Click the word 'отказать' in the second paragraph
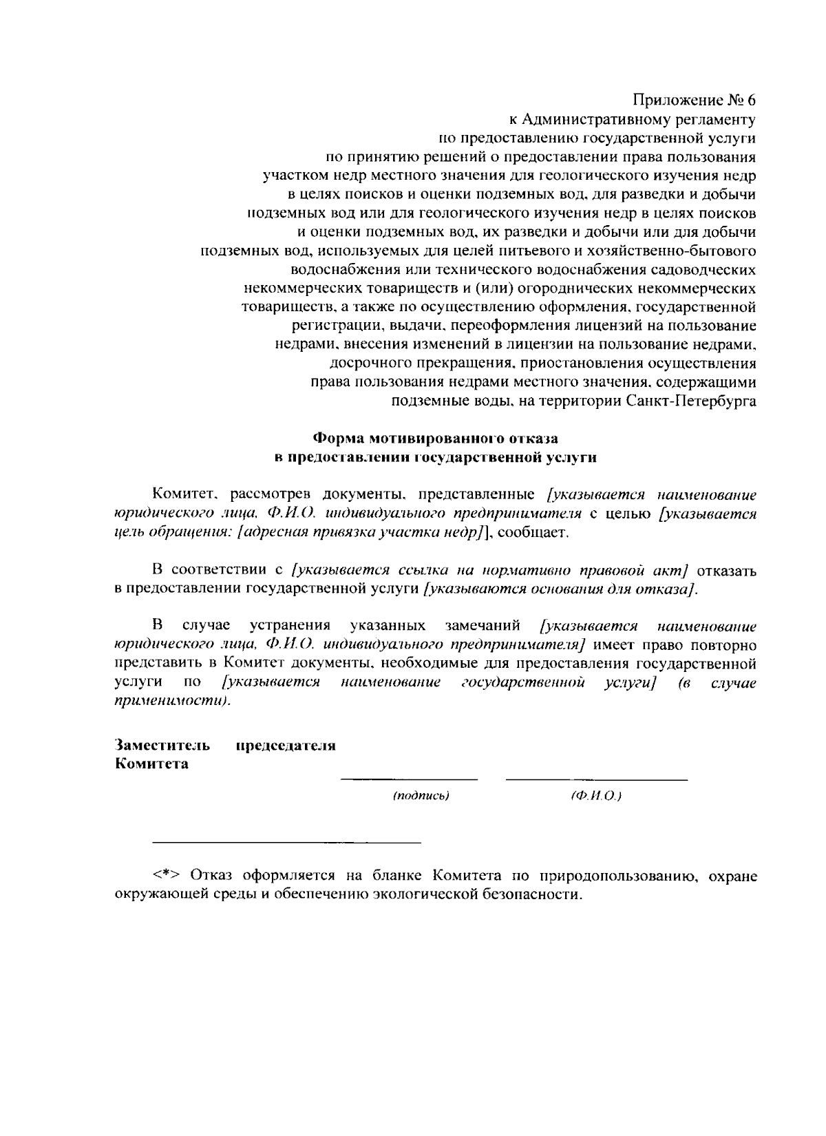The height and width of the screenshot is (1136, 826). click(x=727, y=570)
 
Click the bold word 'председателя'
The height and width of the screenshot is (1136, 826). click(x=286, y=746)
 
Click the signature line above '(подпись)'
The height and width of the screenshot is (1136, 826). click(x=410, y=779)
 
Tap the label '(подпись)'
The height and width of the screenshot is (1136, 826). click(x=421, y=796)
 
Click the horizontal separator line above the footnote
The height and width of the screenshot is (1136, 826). click(x=286, y=842)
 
